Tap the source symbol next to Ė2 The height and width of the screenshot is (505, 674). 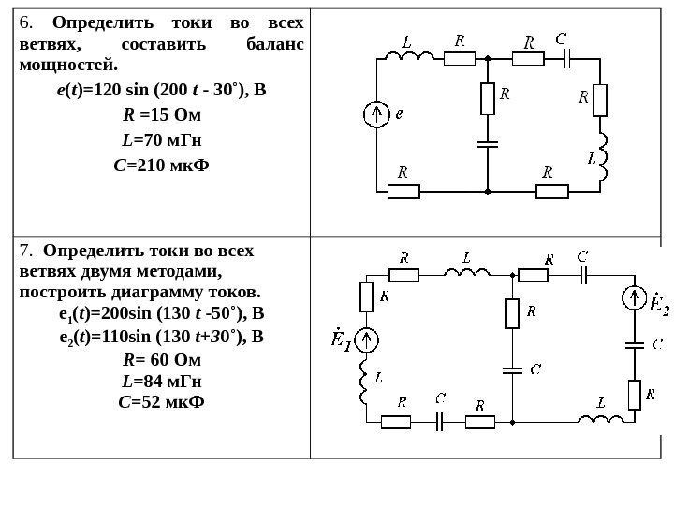(635, 298)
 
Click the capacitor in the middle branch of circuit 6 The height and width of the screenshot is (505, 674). (488, 144)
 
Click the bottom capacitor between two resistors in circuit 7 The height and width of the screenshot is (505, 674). (439, 421)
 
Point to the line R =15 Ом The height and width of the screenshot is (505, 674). (162, 116)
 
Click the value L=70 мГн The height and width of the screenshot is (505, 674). (162, 140)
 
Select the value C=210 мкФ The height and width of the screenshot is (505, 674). (161, 166)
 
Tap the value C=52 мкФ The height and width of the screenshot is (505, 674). (161, 402)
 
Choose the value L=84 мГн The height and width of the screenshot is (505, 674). (162, 382)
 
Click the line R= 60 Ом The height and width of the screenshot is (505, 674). (162, 359)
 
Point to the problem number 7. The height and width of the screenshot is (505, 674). (24, 251)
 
